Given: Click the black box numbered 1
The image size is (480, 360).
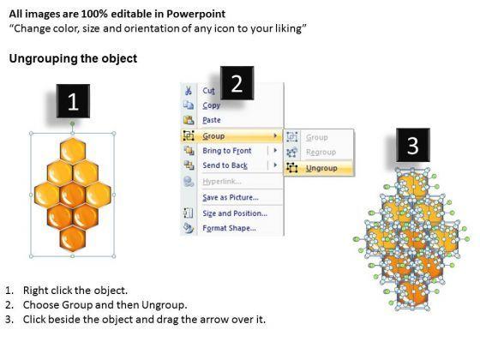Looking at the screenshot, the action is click(x=73, y=101).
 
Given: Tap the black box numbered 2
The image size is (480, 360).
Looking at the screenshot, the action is click(x=237, y=83).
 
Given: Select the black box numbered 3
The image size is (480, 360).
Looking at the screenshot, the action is click(x=413, y=145).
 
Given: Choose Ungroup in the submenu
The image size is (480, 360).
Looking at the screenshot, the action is click(x=321, y=168).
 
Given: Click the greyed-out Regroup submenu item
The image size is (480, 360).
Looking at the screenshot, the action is click(x=321, y=153).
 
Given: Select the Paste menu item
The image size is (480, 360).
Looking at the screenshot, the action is click(x=212, y=120).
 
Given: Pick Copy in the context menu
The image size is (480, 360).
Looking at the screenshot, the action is click(x=211, y=105).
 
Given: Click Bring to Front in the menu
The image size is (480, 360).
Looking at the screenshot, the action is click(x=227, y=151).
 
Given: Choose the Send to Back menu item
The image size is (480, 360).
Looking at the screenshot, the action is click(x=225, y=165).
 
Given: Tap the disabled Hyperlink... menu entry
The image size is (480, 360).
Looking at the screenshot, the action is click(x=222, y=182).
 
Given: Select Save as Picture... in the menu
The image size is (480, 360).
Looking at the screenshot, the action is click(x=231, y=197).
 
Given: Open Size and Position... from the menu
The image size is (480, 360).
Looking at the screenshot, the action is click(x=235, y=213).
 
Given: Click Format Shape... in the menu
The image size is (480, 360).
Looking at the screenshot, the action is click(x=230, y=228).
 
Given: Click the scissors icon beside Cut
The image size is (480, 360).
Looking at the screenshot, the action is click(x=189, y=91).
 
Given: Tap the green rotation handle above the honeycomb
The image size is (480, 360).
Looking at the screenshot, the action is click(x=73, y=123).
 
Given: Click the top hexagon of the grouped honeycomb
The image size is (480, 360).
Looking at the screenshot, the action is click(x=73, y=150).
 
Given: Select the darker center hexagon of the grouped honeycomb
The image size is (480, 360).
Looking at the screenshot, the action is click(x=73, y=195).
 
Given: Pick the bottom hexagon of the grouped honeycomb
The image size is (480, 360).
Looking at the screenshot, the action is click(x=73, y=239).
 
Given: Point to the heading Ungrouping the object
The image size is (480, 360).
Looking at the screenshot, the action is click(x=73, y=58).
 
